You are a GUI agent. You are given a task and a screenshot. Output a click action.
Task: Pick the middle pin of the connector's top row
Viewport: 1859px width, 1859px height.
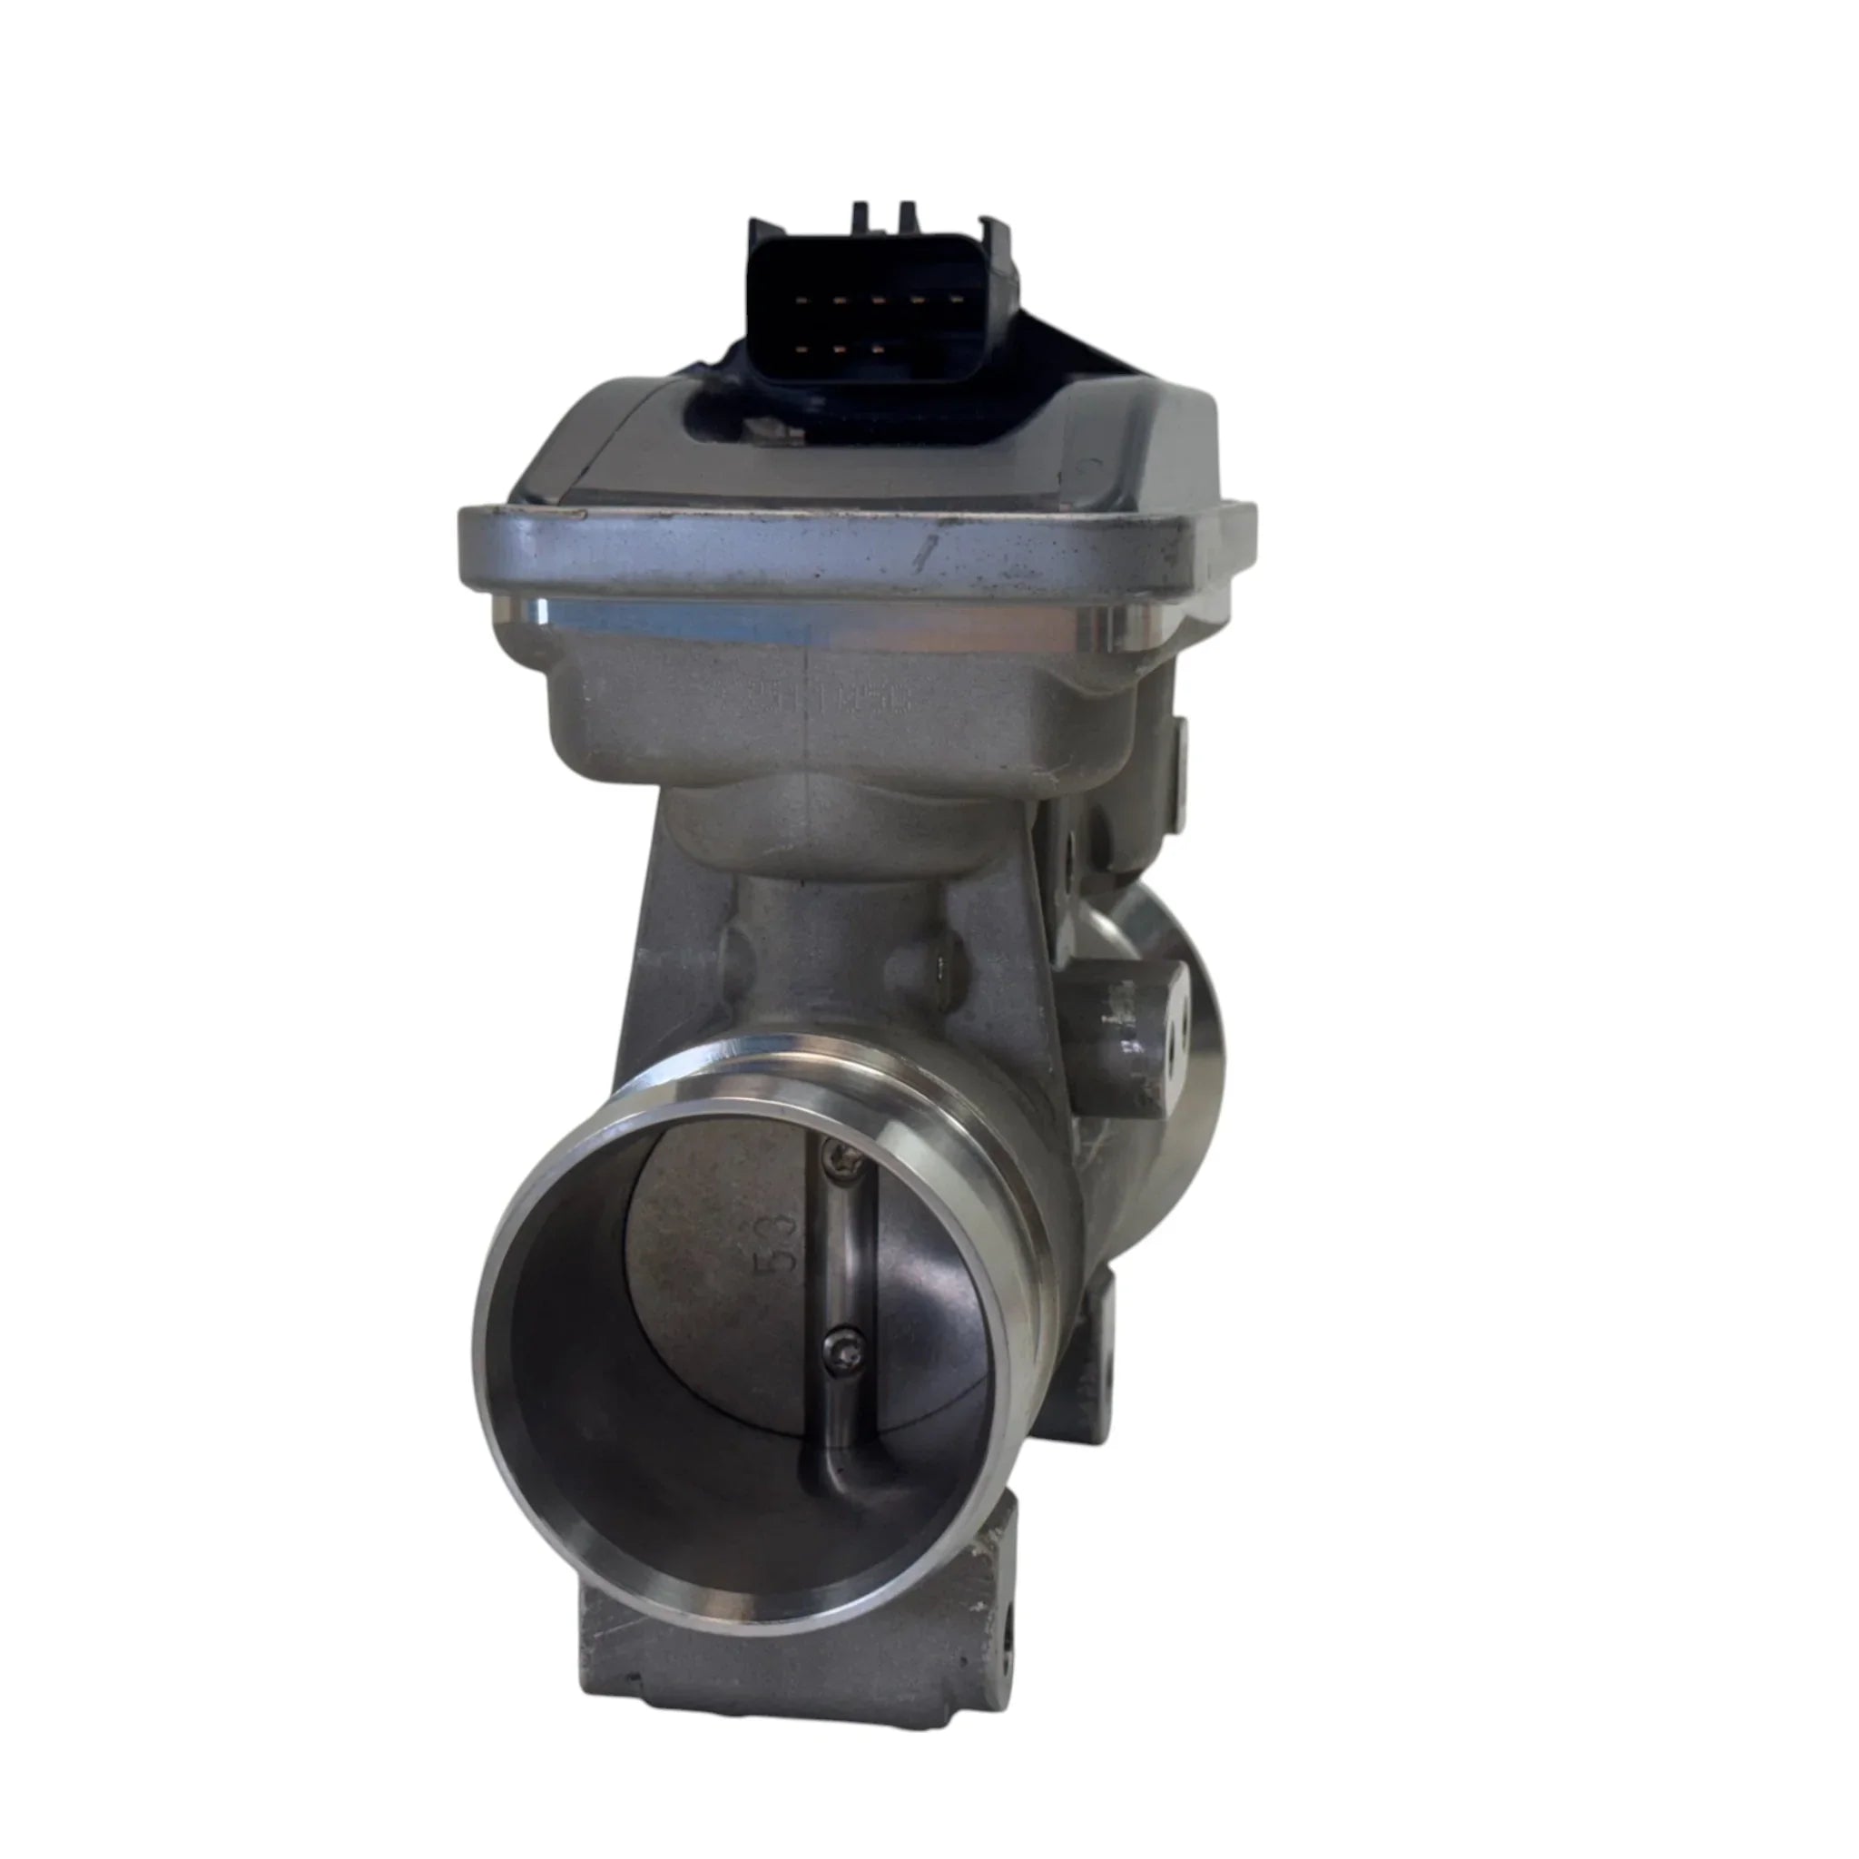pos(878,300)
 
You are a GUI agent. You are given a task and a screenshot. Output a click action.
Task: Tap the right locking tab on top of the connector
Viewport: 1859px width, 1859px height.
pos(905,217)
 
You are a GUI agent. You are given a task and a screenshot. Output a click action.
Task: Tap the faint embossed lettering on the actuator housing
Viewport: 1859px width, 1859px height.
pos(837,702)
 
